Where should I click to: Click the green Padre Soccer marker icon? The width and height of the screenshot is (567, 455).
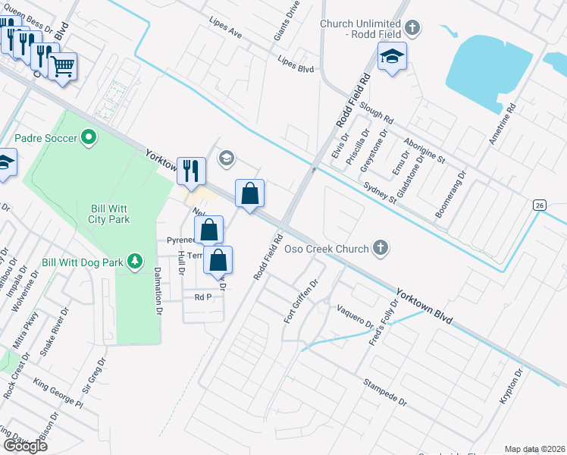coord(89,138)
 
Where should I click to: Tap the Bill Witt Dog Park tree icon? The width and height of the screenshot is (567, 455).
coord(135,262)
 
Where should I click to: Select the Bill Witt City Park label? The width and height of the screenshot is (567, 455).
coord(107,213)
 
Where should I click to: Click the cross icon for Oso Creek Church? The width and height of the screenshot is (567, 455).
coord(381,248)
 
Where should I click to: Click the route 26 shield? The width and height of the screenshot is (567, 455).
coord(539,206)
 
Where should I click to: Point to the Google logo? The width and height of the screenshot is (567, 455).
coord(25,446)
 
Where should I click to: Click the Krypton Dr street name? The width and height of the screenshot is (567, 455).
coord(512,387)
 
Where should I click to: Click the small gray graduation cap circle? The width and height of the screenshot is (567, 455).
coord(225,158)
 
